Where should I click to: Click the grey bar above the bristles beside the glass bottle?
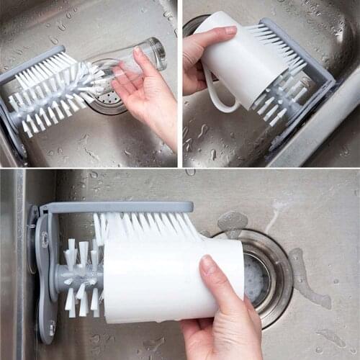[x=29, y=65]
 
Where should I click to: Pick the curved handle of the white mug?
[x=216, y=97]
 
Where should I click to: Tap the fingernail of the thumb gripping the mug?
[x=230, y=31]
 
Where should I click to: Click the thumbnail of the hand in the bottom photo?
[x=208, y=266]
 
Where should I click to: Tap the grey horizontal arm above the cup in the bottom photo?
[x=115, y=207]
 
